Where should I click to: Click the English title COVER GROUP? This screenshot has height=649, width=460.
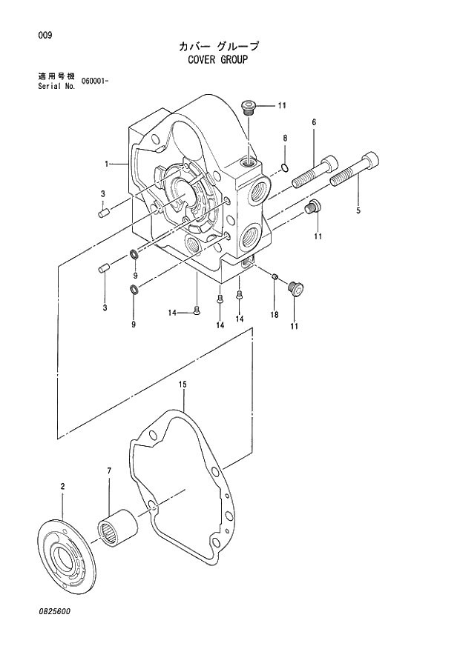click(217, 59)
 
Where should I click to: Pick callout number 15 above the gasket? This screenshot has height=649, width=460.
click(183, 385)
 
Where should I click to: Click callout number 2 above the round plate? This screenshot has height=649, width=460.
click(62, 486)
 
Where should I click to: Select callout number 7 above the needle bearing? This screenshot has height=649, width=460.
click(109, 471)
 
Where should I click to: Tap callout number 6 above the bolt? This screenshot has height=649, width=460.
click(314, 122)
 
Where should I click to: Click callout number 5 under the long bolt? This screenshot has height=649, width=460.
click(358, 211)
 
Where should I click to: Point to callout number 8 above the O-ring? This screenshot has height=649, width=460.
click(285, 139)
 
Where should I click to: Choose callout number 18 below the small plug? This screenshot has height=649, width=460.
click(274, 315)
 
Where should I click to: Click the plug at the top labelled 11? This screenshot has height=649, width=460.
click(249, 108)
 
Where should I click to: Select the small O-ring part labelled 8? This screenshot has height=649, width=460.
click(285, 167)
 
